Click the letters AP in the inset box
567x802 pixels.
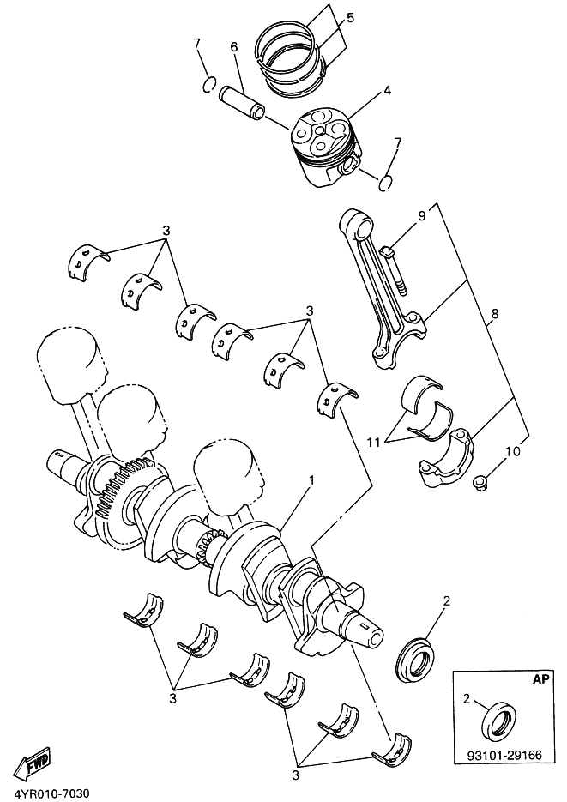[x=540, y=678]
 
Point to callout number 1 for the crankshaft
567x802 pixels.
[x=311, y=481]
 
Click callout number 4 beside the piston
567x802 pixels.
[x=388, y=90]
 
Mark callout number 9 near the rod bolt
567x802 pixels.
[x=421, y=216]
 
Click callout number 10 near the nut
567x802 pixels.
[x=512, y=450]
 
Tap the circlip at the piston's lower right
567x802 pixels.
[x=387, y=180]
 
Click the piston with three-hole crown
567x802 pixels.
[x=325, y=142]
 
